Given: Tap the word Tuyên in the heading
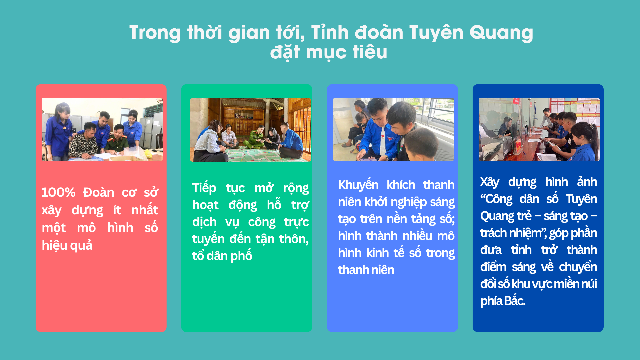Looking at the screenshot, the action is click(436, 32).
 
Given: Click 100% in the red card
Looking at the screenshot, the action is click(58, 192).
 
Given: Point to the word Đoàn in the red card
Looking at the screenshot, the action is click(99, 192).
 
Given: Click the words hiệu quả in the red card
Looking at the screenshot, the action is click(67, 245).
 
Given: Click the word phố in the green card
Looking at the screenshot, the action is click(241, 256).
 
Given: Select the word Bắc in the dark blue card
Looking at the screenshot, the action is click(515, 301).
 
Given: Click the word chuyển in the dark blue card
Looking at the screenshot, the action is click(578, 267).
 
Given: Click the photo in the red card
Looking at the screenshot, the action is click(102, 129).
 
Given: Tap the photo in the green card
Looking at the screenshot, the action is click(250, 130).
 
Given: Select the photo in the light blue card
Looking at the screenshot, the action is click(393, 129).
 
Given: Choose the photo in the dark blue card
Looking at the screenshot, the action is click(539, 129).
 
